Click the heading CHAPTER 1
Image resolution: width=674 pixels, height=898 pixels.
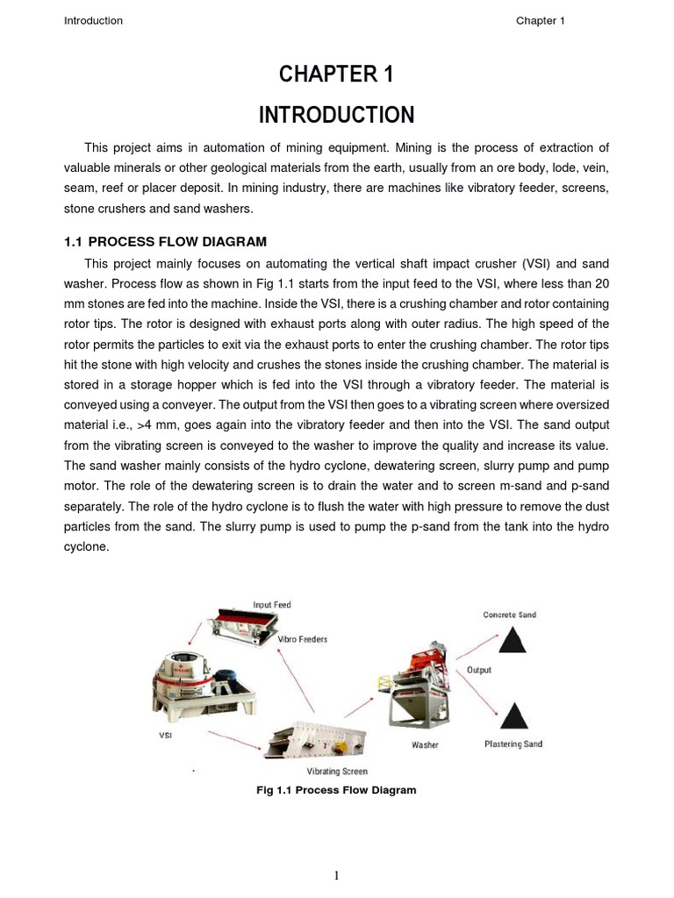click(x=336, y=75)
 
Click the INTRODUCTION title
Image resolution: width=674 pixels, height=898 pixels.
click(x=336, y=115)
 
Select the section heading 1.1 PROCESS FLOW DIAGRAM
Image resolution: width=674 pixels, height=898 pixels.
click(x=165, y=241)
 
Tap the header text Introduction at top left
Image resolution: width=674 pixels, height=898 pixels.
click(x=93, y=21)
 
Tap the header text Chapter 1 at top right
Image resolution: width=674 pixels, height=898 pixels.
click(x=540, y=21)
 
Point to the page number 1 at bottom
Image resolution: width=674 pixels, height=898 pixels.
click(x=337, y=874)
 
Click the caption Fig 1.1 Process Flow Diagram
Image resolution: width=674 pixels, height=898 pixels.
click(x=336, y=790)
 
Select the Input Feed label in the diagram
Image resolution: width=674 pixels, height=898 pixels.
click(x=272, y=605)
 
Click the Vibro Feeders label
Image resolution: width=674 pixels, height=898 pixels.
click(x=303, y=639)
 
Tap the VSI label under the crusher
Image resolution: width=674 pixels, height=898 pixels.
click(x=165, y=736)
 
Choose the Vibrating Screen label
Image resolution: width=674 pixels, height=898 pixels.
click(x=337, y=772)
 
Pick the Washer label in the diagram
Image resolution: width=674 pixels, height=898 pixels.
click(x=425, y=745)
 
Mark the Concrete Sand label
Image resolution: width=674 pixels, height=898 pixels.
click(x=510, y=615)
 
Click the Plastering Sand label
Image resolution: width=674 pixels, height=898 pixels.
click(x=513, y=745)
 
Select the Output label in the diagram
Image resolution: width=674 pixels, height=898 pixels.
click(x=479, y=670)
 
